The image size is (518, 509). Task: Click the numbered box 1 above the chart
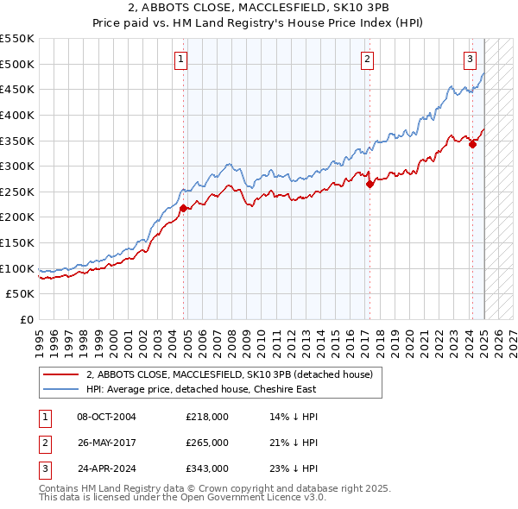pos(181,60)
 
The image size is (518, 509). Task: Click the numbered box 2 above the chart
pos(368,60)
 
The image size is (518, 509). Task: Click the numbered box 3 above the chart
pos(470,60)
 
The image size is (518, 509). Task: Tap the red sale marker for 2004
pos(184,208)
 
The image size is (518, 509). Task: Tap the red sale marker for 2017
pos(370,184)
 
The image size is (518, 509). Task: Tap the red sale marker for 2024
pos(473,144)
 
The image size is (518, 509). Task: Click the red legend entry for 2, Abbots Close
pos(229,374)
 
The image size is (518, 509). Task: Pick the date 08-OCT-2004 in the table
pos(106,417)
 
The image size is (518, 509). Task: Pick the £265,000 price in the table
pos(207,443)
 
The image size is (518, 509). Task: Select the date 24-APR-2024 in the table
pos(106,468)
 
